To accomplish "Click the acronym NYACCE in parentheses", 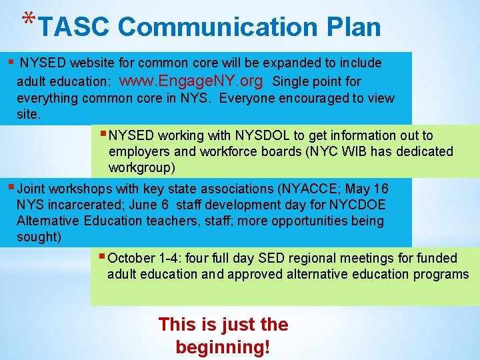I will click(309, 189).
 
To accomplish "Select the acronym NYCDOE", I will click(361, 205).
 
